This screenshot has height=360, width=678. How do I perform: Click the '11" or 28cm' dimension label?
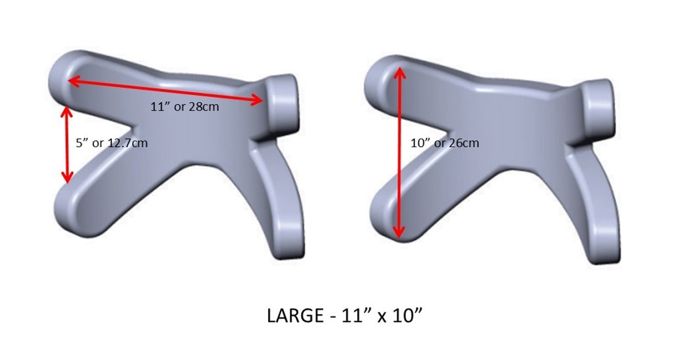coord(185,107)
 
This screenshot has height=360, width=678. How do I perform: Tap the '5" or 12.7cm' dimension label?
coord(111,142)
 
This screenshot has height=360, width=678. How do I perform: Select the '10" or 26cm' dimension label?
coord(445,142)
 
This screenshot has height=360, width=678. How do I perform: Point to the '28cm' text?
coord(204,107)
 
